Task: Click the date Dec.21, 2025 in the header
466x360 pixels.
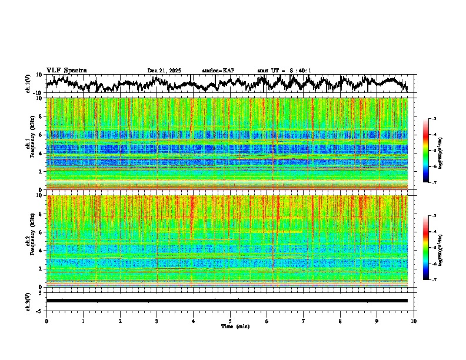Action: coord(164,71)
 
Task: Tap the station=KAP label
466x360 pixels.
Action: coord(218,71)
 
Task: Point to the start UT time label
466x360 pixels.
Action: coord(284,71)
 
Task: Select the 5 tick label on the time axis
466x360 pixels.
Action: coord(230,321)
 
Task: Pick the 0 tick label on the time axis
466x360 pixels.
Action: coord(46,321)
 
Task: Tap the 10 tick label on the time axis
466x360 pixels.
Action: coord(414,321)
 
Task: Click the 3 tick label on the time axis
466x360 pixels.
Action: coord(157,321)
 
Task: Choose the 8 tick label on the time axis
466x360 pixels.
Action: coord(340,321)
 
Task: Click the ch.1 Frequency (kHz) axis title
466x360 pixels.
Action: coord(29,144)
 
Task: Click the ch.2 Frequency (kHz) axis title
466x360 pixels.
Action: coord(29,241)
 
